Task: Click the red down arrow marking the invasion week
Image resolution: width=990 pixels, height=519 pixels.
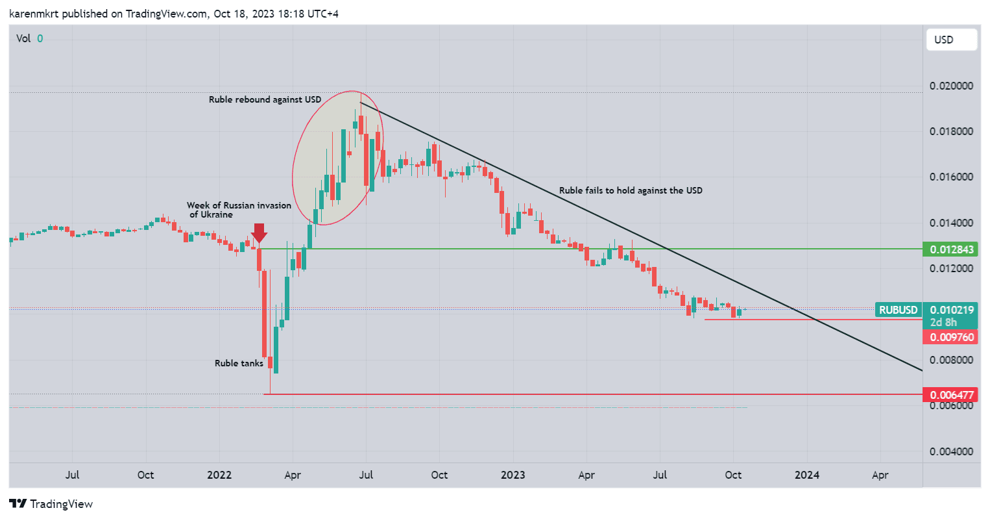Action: [x=259, y=233]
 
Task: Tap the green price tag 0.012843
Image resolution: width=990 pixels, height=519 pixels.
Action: [x=951, y=249]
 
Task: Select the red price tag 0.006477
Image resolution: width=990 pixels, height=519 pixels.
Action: [x=951, y=395]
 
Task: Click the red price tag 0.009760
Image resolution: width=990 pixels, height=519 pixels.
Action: [x=951, y=337]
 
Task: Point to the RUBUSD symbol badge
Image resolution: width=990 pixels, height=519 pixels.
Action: [x=898, y=310]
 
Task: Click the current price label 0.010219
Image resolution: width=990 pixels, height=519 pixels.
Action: [x=951, y=310]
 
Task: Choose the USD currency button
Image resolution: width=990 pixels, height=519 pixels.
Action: [x=951, y=40]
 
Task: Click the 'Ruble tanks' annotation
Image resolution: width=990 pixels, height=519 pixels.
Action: [x=239, y=363]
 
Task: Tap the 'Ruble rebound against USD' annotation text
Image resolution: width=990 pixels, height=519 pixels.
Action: [x=265, y=99]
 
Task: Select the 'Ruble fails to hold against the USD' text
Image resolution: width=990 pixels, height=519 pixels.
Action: [x=631, y=190]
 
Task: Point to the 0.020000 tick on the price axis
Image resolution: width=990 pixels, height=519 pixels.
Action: [x=951, y=86]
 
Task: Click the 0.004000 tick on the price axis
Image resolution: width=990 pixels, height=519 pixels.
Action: [x=951, y=451]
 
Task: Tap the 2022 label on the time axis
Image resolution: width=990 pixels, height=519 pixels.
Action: [x=219, y=475]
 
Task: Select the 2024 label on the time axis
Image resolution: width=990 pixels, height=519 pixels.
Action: [x=807, y=475]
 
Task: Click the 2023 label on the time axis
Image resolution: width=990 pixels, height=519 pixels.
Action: [x=513, y=475]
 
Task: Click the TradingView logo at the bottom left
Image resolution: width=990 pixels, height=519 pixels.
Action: [x=51, y=504]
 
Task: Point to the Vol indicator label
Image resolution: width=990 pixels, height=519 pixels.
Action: [x=23, y=38]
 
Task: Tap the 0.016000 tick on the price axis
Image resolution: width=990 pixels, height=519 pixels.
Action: [x=951, y=177]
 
